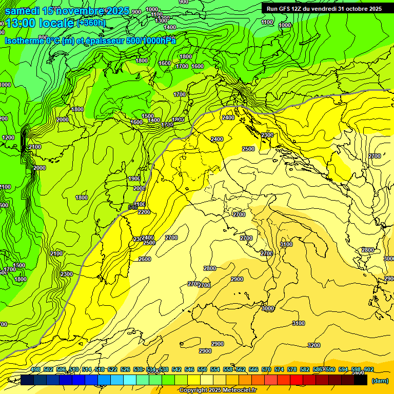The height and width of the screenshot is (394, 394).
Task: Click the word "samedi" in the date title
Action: click(22, 10)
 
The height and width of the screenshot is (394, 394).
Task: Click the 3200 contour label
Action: click(314, 345)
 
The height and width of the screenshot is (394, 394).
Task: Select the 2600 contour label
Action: click(145, 259)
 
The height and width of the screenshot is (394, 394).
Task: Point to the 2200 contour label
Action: click(144, 212)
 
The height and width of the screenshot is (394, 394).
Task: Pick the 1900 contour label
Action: click(134, 179)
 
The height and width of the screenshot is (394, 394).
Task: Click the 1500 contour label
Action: click(148, 116)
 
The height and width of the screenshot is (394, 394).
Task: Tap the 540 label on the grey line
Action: click(132, 207)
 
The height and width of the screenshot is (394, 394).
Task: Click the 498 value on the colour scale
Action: click(35, 369)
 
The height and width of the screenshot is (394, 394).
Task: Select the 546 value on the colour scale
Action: click(189, 369)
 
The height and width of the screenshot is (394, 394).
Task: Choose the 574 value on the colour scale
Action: click(279, 369)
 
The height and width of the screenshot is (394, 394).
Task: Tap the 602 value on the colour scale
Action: click(369, 369)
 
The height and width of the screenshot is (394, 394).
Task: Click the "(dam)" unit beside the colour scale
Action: click(380, 381)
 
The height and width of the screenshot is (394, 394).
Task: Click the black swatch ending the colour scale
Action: click(361, 380)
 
